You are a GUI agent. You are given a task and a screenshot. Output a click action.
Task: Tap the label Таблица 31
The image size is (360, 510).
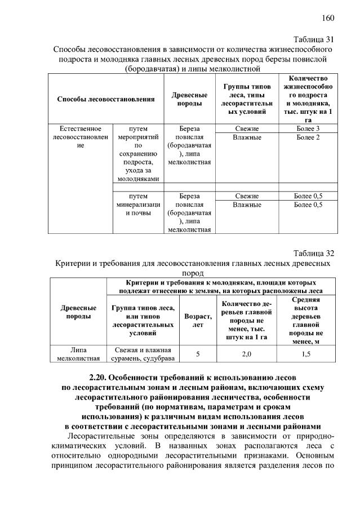[x=314, y=39]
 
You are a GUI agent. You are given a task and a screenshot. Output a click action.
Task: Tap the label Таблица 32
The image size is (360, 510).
[x=314, y=253]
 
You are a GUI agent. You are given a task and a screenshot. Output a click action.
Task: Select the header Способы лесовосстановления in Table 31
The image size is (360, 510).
[x=106, y=99]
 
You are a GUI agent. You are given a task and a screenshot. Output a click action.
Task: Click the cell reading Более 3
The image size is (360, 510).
[x=308, y=128]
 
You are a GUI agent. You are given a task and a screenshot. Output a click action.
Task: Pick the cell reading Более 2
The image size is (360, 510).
[x=308, y=138]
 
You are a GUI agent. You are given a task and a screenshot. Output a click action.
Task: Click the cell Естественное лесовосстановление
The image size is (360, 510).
[x=80, y=137]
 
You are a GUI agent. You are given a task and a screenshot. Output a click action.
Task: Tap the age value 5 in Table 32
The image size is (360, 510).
[x=198, y=353]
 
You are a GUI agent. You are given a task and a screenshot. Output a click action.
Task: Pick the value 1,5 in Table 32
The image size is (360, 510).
[x=306, y=353]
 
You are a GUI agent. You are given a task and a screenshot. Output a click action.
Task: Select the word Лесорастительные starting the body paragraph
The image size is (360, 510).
[x=97, y=436]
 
